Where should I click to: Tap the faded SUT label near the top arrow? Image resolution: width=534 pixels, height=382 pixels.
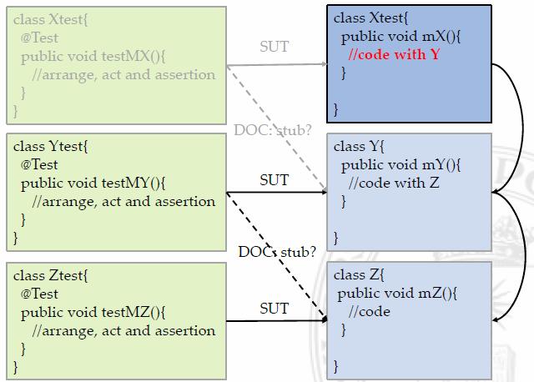pyautogui.click(x=275, y=47)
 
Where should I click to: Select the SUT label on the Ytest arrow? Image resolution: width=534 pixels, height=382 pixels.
pyautogui.click(x=275, y=179)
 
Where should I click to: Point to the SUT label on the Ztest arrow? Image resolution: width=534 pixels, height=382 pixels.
pyautogui.click(x=275, y=309)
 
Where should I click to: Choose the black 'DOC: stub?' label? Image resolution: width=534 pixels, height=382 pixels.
pyautogui.click(x=277, y=251)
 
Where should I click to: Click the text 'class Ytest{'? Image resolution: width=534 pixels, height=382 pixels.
pyautogui.click(x=51, y=146)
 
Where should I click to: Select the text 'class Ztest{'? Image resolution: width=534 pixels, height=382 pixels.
pyautogui.click(x=51, y=275)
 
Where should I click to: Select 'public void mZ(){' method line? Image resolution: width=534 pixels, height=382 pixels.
pyautogui.click(x=397, y=294)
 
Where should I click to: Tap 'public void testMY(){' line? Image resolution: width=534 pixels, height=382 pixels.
pyautogui.click(x=94, y=183)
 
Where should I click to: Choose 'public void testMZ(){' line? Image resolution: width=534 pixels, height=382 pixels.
pyautogui.click(x=94, y=312)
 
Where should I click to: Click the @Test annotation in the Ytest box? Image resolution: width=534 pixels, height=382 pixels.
pyautogui.click(x=39, y=164)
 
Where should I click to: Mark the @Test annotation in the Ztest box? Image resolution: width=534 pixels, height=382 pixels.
pyautogui.click(x=39, y=294)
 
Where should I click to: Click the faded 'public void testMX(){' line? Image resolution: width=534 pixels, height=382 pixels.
pyautogui.click(x=94, y=56)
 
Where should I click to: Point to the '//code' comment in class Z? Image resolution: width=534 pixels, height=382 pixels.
pyautogui.click(x=370, y=312)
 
